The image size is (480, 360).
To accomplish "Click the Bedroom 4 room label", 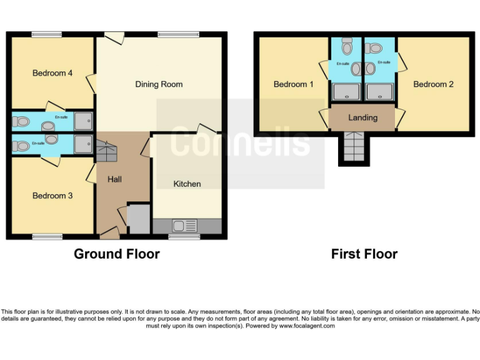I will [52, 73].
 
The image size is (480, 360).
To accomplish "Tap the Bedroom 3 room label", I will [52, 196].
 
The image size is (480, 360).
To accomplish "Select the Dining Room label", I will [159, 84].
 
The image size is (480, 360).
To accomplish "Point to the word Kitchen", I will [187, 184].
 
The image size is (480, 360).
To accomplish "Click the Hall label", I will [114, 179].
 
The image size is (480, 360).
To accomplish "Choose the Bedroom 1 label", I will [293, 84].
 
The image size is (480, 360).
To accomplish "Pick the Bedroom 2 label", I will [433, 84].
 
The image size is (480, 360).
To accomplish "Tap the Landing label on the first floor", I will [362, 117].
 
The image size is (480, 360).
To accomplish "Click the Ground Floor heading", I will [116, 254].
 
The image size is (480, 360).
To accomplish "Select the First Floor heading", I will [364, 254].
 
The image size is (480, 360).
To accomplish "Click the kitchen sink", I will [184, 226].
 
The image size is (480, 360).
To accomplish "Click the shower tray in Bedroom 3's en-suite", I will [83, 145].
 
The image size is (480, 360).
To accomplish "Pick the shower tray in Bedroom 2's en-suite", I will [380, 92].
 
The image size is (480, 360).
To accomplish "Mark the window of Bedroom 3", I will [47, 236].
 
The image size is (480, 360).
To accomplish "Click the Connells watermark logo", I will [240, 142].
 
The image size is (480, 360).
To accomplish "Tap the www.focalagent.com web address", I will [306, 326].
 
